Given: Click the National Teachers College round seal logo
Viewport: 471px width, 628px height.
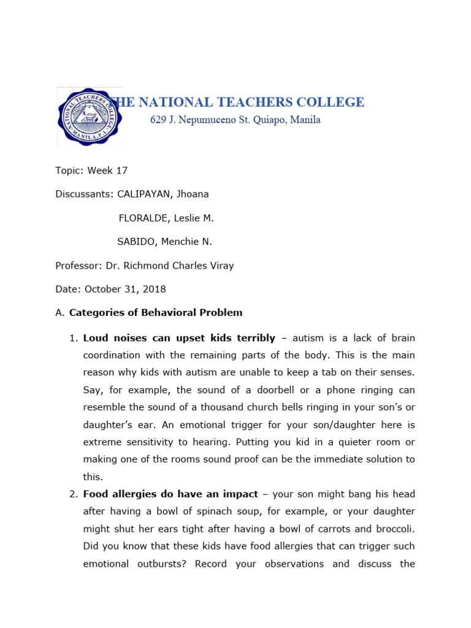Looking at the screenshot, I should (88, 117).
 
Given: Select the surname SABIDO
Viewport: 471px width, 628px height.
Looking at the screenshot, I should (137, 242).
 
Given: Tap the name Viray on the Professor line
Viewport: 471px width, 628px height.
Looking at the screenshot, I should (220, 266).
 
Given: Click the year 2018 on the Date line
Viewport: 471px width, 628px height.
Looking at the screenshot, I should (154, 289).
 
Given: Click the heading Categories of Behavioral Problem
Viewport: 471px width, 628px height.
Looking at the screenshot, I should (156, 313).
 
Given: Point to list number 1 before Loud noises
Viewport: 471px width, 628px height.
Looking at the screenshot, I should (72, 338).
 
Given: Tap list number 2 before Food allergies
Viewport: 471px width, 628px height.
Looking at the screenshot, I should (72, 494).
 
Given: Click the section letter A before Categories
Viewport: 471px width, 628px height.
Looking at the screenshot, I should (59, 313).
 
